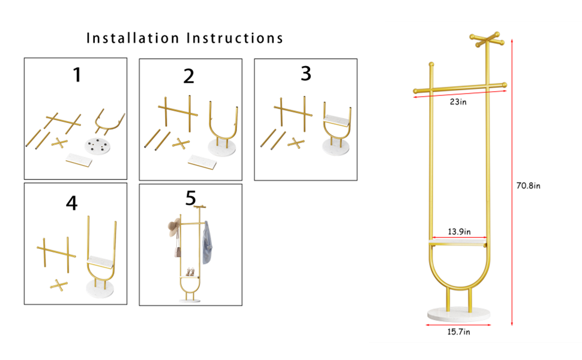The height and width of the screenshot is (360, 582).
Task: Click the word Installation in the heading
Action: click(133, 38)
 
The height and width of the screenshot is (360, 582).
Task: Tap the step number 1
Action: click(76, 75)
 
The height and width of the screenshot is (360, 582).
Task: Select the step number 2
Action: click(189, 77)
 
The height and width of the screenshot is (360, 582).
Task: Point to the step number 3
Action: click(306, 74)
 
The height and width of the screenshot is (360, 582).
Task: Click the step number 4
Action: click(72, 204)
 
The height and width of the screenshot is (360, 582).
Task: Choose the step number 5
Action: click(191, 198)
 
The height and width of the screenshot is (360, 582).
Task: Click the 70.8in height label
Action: click(529, 186)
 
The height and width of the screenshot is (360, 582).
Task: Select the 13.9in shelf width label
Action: click(460, 232)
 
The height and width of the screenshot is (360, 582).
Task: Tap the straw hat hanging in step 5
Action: click(173, 228)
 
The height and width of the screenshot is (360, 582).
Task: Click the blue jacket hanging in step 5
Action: click(206, 242)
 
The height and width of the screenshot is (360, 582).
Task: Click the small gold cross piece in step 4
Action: click(59, 284)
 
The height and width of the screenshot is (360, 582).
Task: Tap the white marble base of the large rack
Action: click(459, 313)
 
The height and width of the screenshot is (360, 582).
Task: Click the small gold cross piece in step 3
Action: click(295, 143)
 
